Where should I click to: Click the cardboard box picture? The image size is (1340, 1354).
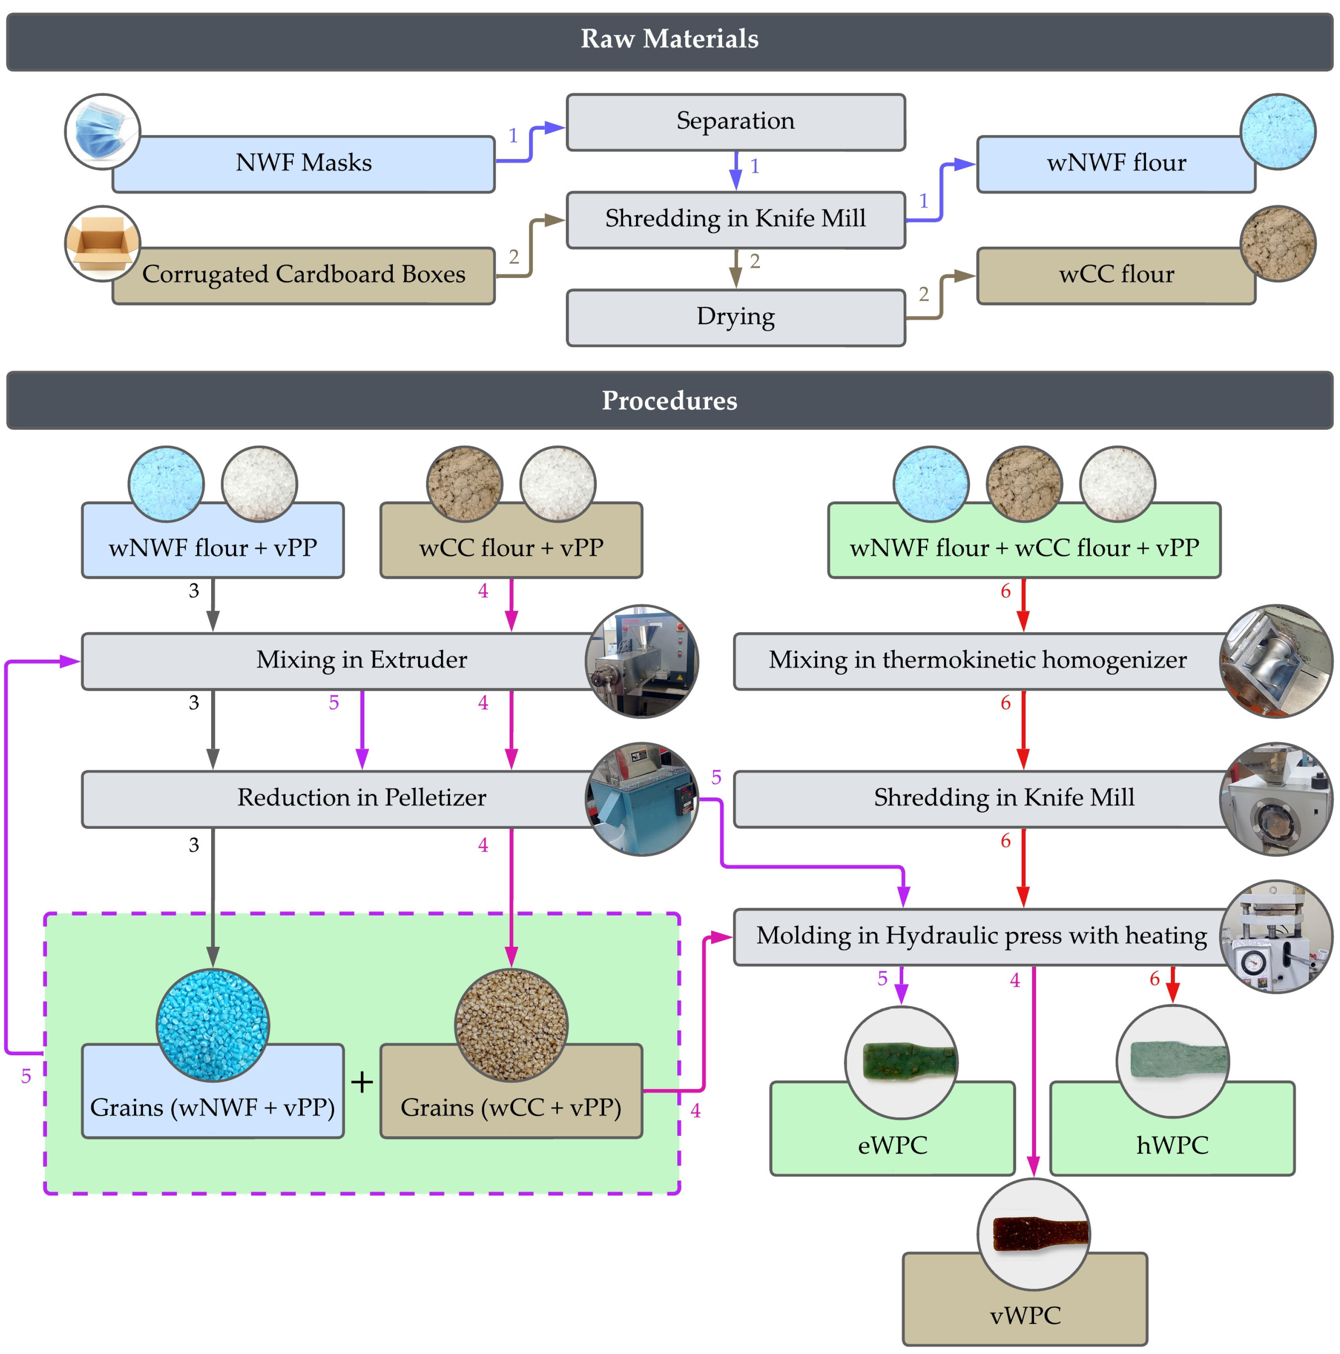point(102,243)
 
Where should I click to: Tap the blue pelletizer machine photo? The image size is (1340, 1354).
point(642,799)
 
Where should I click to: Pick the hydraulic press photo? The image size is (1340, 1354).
point(1276,936)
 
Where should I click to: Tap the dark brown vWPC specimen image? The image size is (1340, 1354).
point(1033,1234)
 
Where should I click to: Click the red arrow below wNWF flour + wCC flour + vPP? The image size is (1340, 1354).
point(1023,604)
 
